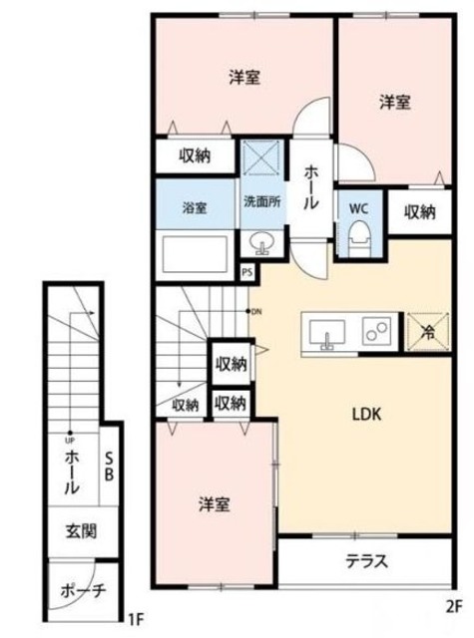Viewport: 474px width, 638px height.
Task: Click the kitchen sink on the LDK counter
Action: tap(325, 332)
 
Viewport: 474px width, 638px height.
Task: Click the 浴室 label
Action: tap(194, 207)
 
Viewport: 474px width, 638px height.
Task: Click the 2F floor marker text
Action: tap(454, 605)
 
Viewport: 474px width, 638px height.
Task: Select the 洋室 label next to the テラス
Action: tap(213, 503)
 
